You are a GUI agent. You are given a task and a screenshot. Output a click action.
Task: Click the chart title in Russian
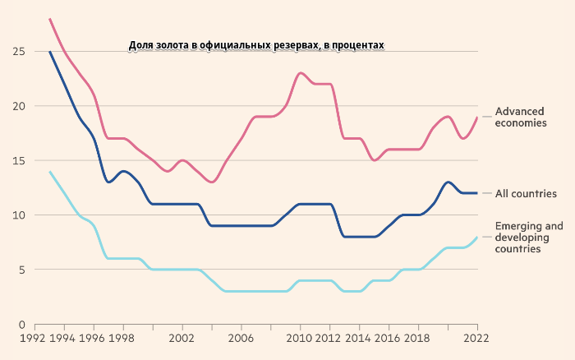pos(255,45)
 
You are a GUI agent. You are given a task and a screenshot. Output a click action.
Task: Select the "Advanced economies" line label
pos(520,117)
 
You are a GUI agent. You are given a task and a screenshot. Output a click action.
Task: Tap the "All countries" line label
pos(526,194)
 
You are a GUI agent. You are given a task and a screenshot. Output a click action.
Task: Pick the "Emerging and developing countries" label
pos(529,237)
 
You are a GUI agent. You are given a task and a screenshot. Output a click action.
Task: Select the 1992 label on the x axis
pos(34,338)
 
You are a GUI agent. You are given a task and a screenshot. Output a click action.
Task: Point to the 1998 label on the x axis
pos(122,338)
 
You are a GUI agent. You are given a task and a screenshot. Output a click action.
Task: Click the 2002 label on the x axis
pos(182,338)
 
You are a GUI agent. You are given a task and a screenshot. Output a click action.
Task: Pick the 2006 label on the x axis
pos(240,338)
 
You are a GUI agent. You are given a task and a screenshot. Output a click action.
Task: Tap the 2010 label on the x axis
pos(299,338)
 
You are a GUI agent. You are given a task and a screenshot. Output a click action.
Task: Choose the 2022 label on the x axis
pos(476,338)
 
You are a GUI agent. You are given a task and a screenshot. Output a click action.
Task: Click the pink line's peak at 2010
pos(301,73)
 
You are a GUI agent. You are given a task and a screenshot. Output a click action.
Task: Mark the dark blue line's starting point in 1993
pos(50,52)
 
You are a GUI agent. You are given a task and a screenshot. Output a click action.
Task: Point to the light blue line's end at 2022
pos(477,238)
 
